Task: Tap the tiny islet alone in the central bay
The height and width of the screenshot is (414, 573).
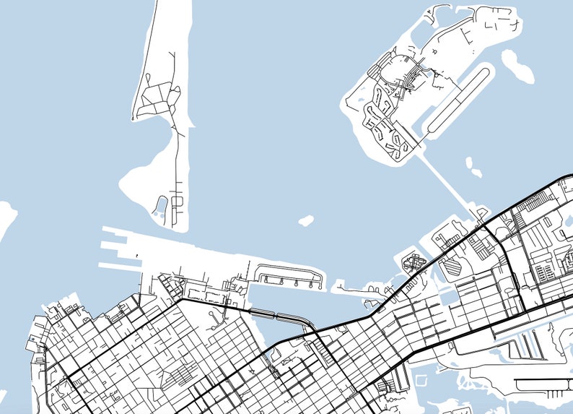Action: coord(306,220)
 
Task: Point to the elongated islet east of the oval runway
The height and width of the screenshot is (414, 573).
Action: coord(517,66)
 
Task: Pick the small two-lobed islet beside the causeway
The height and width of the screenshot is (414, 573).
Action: coord(473,167)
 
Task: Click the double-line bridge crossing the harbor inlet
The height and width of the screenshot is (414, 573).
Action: coord(278,315)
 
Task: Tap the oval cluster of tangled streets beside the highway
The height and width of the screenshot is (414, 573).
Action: coord(414,261)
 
